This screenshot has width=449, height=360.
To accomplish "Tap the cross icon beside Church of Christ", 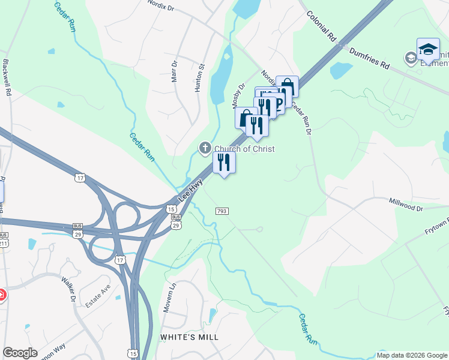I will tap(205, 148).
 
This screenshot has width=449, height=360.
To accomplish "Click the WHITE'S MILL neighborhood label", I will tap(189, 337).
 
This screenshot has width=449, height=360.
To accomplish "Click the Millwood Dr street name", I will tap(406, 205).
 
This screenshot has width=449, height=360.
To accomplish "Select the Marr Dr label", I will tap(175, 71).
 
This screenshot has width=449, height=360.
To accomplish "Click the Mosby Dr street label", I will tap(239, 95).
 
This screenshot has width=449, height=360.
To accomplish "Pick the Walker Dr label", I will tap(70, 290).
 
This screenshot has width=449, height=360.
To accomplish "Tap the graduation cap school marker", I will tap(428, 50).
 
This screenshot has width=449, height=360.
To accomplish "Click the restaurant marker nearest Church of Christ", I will tap(224, 162).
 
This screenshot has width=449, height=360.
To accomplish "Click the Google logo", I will tap(20, 352).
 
